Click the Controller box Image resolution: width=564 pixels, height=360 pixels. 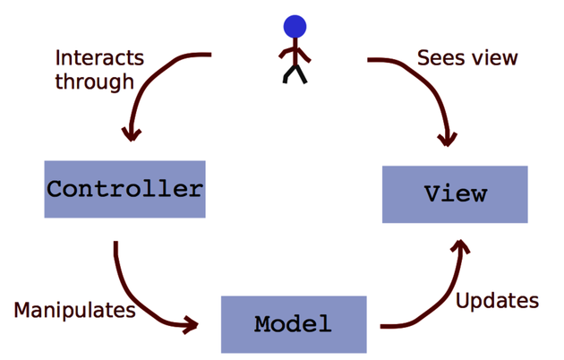point(124,189)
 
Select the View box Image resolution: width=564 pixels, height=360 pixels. point(455,193)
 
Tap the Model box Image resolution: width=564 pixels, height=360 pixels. point(294,323)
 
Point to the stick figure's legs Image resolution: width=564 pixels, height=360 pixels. point(294,73)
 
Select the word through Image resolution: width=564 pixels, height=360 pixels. point(94,81)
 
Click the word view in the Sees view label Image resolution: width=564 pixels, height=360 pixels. point(494,58)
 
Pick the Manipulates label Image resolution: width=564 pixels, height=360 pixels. point(74,311)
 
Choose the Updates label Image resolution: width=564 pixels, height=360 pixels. point(498,300)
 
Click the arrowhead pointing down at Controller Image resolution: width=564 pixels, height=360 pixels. point(132,133)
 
